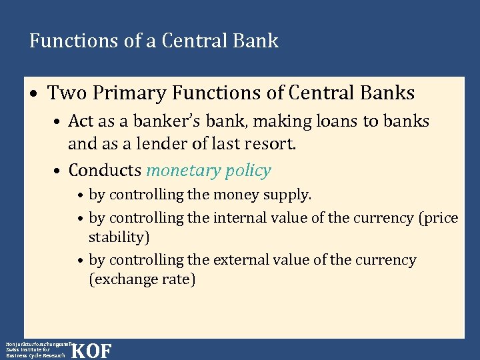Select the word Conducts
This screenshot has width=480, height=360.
click(x=105, y=171)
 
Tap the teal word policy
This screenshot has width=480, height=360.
click(x=247, y=171)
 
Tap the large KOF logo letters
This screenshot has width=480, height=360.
click(x=91, y=350)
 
